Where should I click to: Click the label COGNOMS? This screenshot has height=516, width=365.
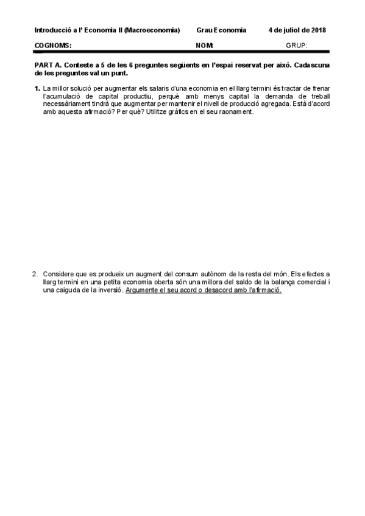pyautogui.click(x=53, y=45)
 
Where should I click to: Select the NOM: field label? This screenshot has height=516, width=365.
pyautogui.click(x=205, y=45)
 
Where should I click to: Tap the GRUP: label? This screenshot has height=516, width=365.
pyautogui.click(x=297, y=45)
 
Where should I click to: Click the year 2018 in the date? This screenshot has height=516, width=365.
pyautogui.click(x=318, y=30)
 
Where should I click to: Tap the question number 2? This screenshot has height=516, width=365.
pyautogui.click(x=35, y=274)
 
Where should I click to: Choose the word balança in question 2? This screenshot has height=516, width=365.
pyautogui.click(x=270, y=282)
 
